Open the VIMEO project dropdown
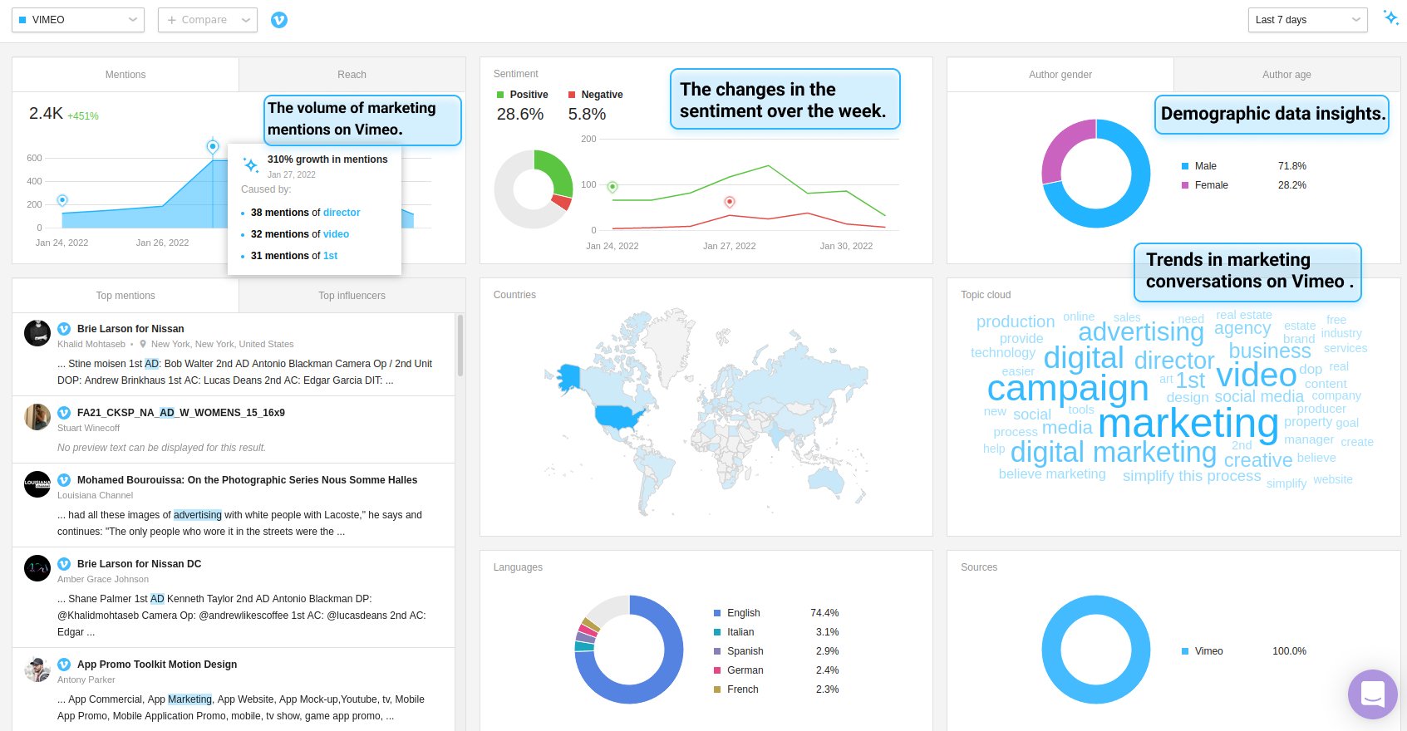78,20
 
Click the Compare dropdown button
208,20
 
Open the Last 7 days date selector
1307,20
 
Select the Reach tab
352,75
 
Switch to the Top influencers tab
352,296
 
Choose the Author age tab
1286,75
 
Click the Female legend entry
1211,185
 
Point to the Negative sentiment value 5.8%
587,115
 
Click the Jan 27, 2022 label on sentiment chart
729,246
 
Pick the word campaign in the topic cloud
1067,388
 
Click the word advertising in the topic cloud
1140,332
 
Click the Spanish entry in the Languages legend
745,651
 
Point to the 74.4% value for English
824,613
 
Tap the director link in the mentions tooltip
342,213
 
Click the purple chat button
1372,694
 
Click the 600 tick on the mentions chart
34,158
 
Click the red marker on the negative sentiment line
730,202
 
